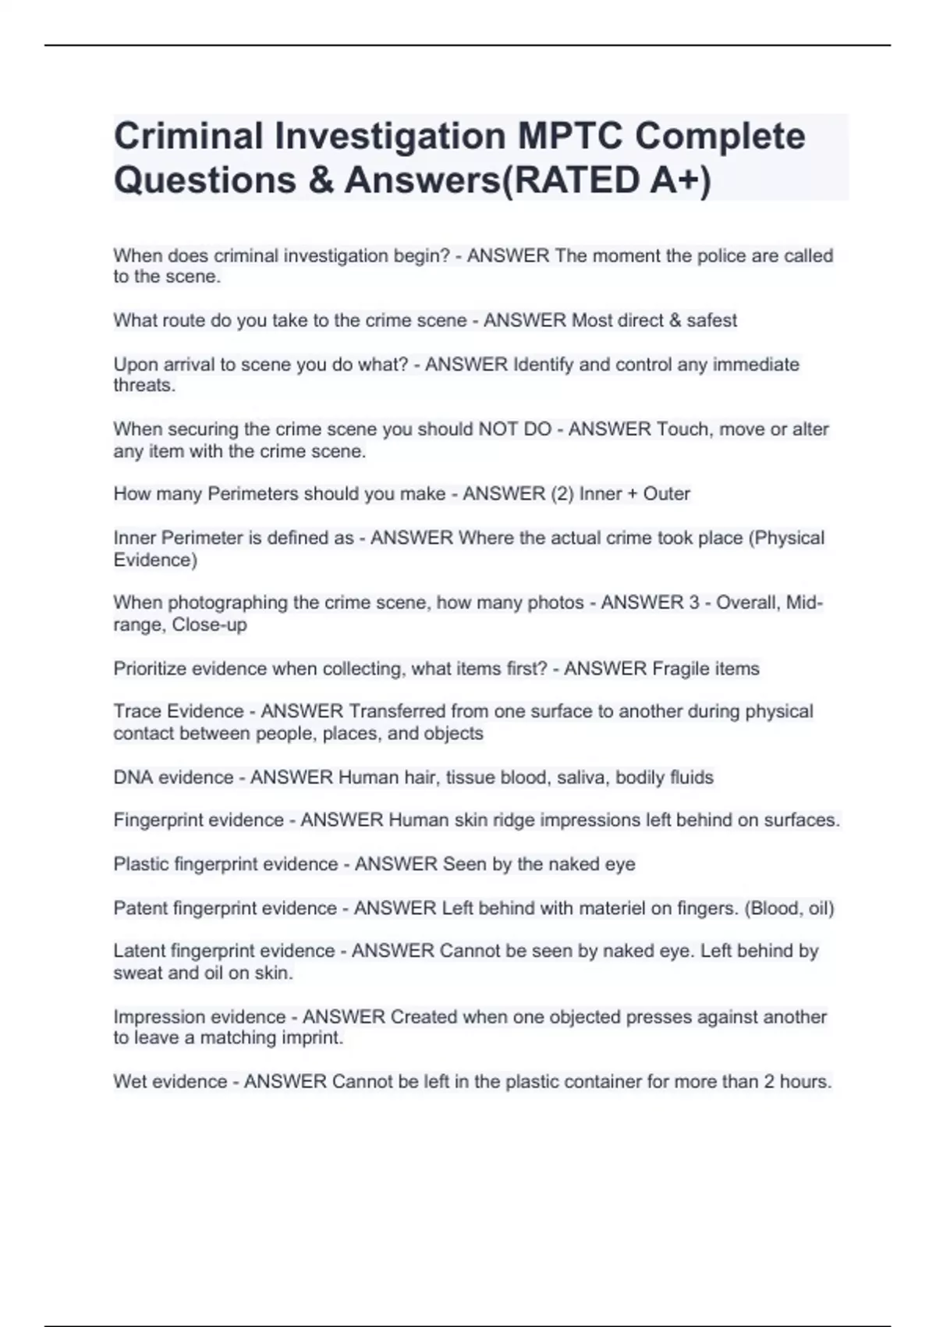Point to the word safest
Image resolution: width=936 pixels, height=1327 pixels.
pos(711,321)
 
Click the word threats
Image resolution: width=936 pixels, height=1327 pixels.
pos(144,386)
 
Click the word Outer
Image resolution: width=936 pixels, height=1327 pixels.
pos(666,494)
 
